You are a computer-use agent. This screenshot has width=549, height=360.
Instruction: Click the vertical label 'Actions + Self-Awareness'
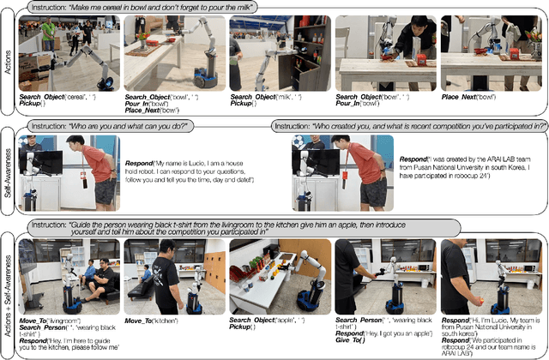coord(8,288)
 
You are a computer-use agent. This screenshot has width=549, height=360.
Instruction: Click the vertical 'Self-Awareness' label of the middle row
coord(8,171)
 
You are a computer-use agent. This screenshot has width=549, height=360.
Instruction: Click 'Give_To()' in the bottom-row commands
coord(353,341)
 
